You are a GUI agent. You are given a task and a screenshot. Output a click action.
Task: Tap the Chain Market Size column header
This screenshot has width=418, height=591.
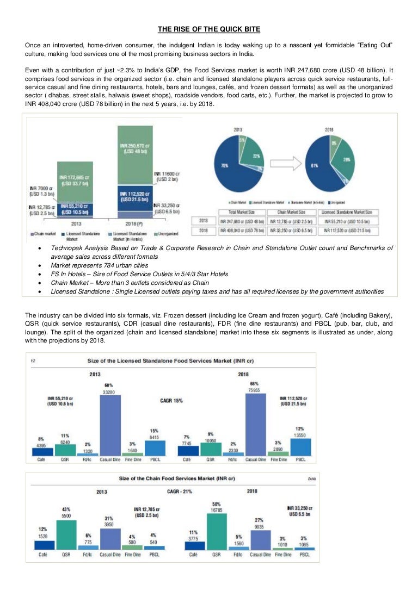click(x=293, y=212)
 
